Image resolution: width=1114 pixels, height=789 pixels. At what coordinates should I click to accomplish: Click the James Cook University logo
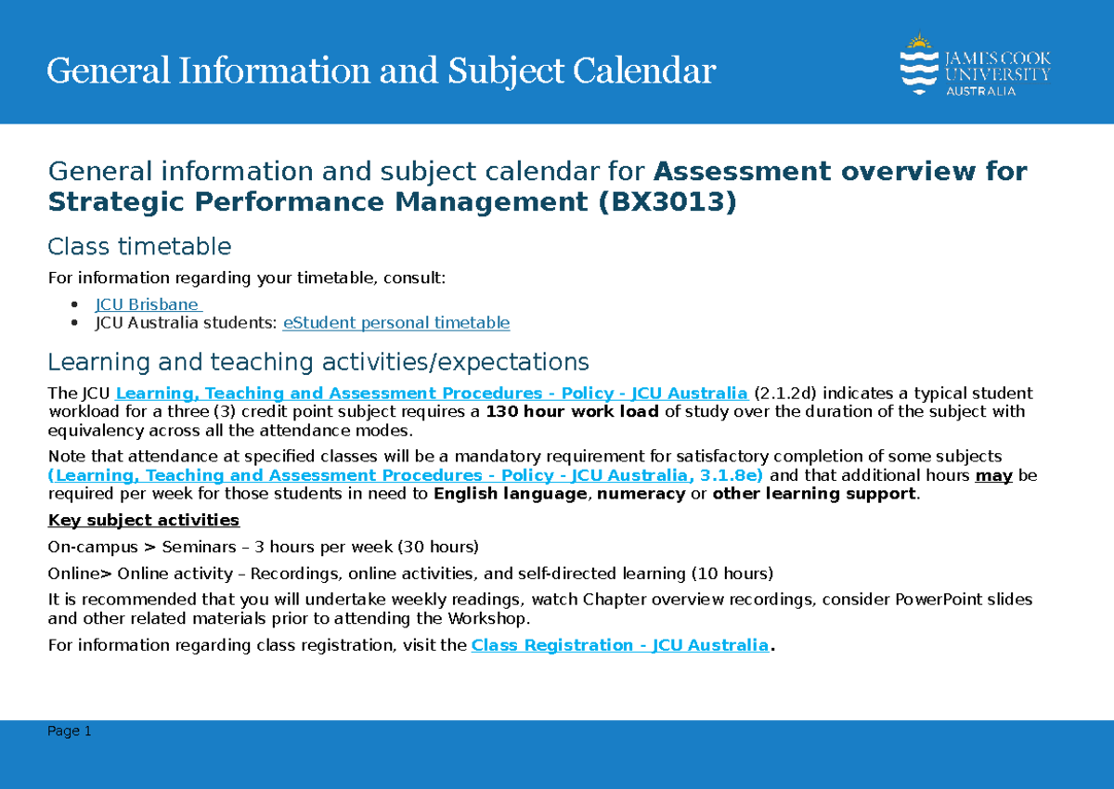975,64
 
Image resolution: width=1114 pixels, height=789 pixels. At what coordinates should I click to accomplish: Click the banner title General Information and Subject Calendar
382,71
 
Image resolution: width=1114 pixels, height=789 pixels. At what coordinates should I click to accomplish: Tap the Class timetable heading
139,246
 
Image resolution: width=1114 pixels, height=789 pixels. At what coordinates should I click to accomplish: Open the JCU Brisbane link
148,304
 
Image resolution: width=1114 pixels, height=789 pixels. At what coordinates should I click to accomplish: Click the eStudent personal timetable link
396,323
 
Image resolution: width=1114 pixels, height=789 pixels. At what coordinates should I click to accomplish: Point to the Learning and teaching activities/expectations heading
317,361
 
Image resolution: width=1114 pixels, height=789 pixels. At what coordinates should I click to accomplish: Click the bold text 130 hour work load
572,411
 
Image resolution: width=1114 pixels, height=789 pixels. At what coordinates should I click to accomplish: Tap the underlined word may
993,475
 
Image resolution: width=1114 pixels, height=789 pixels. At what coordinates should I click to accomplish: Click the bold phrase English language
510,494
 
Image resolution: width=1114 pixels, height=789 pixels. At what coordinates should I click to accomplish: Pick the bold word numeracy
641,494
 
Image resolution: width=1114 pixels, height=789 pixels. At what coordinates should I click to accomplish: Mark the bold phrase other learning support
814,494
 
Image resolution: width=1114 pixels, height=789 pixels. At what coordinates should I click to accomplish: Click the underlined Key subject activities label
144,520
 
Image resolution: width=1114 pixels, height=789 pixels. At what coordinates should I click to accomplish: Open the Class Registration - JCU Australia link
620,645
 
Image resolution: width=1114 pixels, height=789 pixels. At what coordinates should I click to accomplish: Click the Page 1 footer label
70,731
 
